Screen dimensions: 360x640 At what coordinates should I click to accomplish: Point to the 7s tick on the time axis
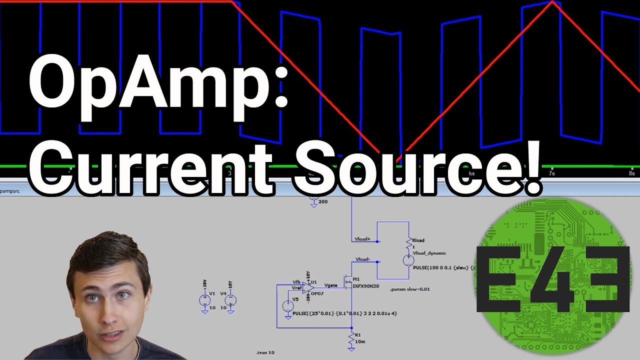[x=551, y=173]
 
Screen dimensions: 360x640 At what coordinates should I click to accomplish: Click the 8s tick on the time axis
[x=632, y=173]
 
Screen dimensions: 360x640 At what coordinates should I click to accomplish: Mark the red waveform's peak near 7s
[x=552, y=2]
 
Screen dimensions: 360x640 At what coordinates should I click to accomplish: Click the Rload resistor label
[x=418, y=240]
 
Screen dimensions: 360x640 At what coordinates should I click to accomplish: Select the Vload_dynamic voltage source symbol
[x=408, y=260]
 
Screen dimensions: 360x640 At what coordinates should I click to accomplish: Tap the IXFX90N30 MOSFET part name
[x=366, y=286]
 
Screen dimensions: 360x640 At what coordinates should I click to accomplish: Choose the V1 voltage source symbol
[x=205, y=300]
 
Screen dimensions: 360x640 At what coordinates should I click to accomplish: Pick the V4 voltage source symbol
[x=230, y=300]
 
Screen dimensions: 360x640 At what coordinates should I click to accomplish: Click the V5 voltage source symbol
[x=288, y=306]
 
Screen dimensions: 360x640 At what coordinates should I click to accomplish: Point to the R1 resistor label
[x=358, y=334]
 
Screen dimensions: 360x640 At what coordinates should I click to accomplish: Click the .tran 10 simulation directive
[x=265, y=352]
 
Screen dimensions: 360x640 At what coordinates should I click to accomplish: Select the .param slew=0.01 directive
[x=410, y=289]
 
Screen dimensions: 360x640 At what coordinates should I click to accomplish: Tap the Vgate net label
[x=331, y=285]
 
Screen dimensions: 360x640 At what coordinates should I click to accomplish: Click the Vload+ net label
[x=362, y=239]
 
